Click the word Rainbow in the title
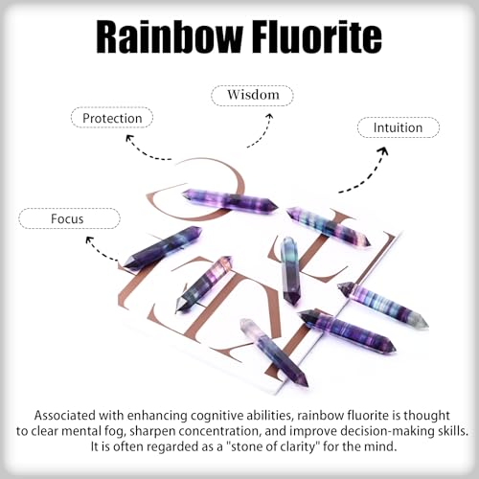pos(170,35)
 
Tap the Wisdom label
pos(252,95)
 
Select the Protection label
pos(112,118)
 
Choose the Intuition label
pos(399,127)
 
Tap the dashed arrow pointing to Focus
pos(98,251)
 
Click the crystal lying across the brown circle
pos(230,200)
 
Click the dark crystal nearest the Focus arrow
pos(163,247)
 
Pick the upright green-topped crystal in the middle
pos(289,271)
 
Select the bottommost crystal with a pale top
pos(274,353)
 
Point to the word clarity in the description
pos(295,446)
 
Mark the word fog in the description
pos(113,431)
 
